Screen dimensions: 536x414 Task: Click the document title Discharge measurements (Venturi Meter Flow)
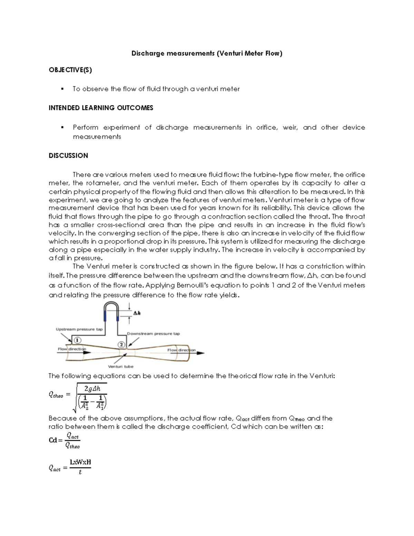click(x=207, y=53)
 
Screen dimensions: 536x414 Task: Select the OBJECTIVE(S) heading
click(x=70, y=70)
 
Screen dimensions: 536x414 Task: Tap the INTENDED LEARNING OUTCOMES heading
click(x=101, y=108)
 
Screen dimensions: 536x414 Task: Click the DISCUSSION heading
click(x=68, y=156)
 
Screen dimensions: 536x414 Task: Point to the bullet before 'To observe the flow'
click(x=62, y=89)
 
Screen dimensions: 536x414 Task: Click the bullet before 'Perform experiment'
click(x=62, y=127)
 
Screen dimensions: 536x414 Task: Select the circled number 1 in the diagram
click(x=78, y=340)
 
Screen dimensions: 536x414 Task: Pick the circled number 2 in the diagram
click(x=121, y=344)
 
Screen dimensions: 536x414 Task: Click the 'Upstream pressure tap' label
click(x=79, y=329)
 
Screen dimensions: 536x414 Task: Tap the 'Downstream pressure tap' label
click(x=153, y=334)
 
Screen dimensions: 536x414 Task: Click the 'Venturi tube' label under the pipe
click(x=121, y=366)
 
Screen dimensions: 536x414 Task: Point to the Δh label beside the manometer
click(x=137, y=313)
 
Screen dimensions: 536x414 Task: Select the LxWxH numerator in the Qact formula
click(x=80, y=462)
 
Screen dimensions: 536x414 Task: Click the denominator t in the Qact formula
click(x=80, y=472)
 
